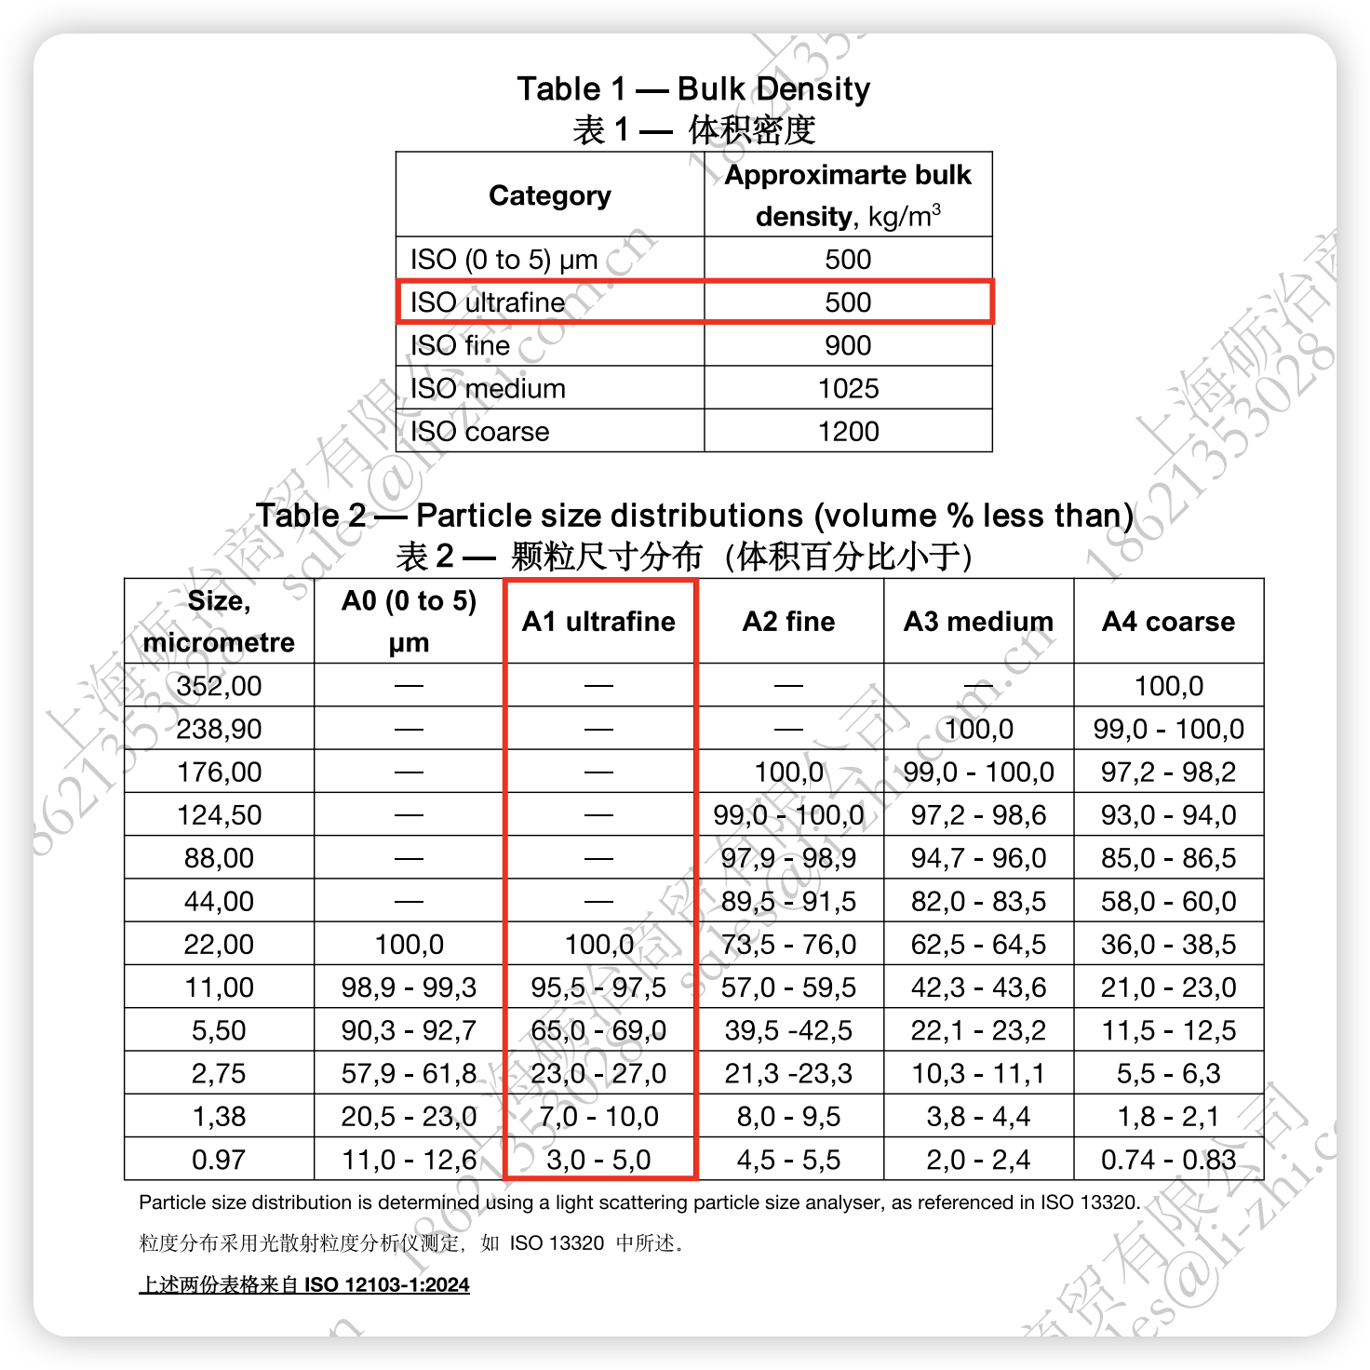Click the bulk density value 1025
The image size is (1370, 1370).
pyautogui.click(x=848, y=388)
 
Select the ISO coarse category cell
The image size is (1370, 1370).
pyautogui.click(x=480, y=431)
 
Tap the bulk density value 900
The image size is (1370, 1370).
pyautogui.click(x=848, y=345)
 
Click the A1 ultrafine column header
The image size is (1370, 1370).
pyautogui.click(x=598, y=622)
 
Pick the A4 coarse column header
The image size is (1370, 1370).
pyautogui.click(x=1168, y=622)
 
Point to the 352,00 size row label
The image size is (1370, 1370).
pyautogui.click(x=220, y=686)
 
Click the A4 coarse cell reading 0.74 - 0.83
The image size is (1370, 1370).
pyautogui.click(x=1168, y=1160)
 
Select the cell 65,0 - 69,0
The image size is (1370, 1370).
pyautogui.click(x=598, y=1030)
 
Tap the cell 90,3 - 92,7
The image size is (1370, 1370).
pyautogui.click(x=409, y=1030)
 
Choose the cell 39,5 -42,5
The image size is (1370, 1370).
pyautogui.click(x=788, y=1030)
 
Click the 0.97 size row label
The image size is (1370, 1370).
pyautogui.click(x=220, y=1160)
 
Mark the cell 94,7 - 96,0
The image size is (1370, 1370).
pyautogui.click(x=978, y=858)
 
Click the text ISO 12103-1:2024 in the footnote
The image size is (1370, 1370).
pyautogui.click(x=386, y=1285)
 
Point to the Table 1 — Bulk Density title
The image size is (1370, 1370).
pyautogui.click(x=693, y=89)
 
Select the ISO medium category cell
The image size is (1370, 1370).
pyautogui.click(x=489, y=388)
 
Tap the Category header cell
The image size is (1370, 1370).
pyautogui.click(x=550, y=195)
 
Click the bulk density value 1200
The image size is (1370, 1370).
pyautogui.click(x=848, y=431)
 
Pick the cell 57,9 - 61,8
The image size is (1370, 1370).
pyautogui.click(x=409, y=1073)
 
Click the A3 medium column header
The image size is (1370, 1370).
pyautogui.click(x=978, y=622)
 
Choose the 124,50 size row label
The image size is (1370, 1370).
pyautogui.click(x=220, y=815)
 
